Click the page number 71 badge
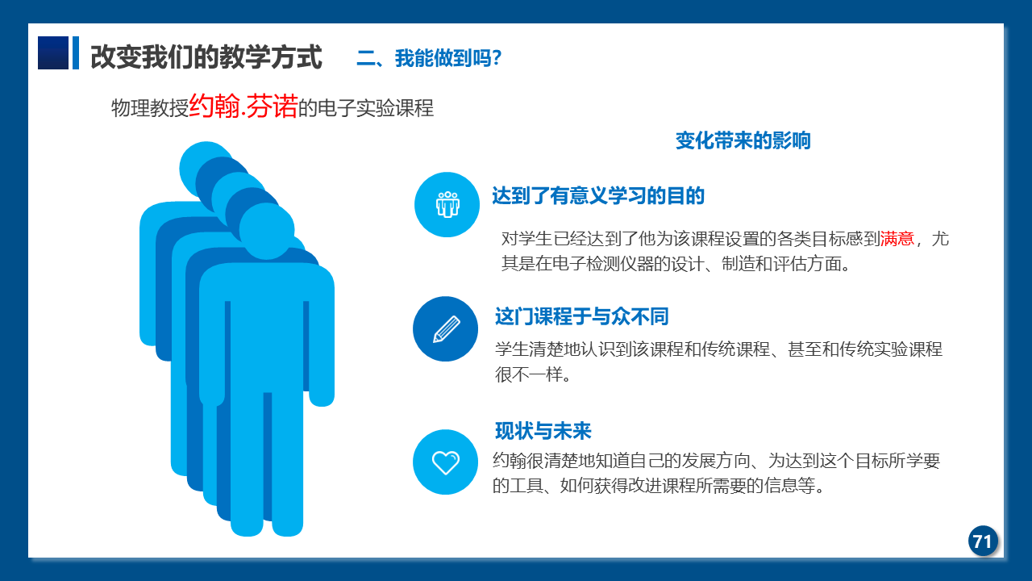point(983,541)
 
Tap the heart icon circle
point(446,462)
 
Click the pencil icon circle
point(446,328)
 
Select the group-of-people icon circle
point(447,205)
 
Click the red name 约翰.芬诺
point(243,106)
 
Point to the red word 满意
point(897,239)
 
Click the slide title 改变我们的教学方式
point(206,57)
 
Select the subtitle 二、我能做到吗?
point(429,58)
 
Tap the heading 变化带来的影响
point(743,140)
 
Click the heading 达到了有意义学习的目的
point(598,195)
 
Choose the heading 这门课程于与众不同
point(581,317)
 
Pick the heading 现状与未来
point(543,431)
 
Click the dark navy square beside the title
point(53,53)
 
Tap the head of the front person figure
point(267,232)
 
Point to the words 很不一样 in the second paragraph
point(529,374)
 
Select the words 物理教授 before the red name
point(150,108)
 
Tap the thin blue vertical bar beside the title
point(76,53)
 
